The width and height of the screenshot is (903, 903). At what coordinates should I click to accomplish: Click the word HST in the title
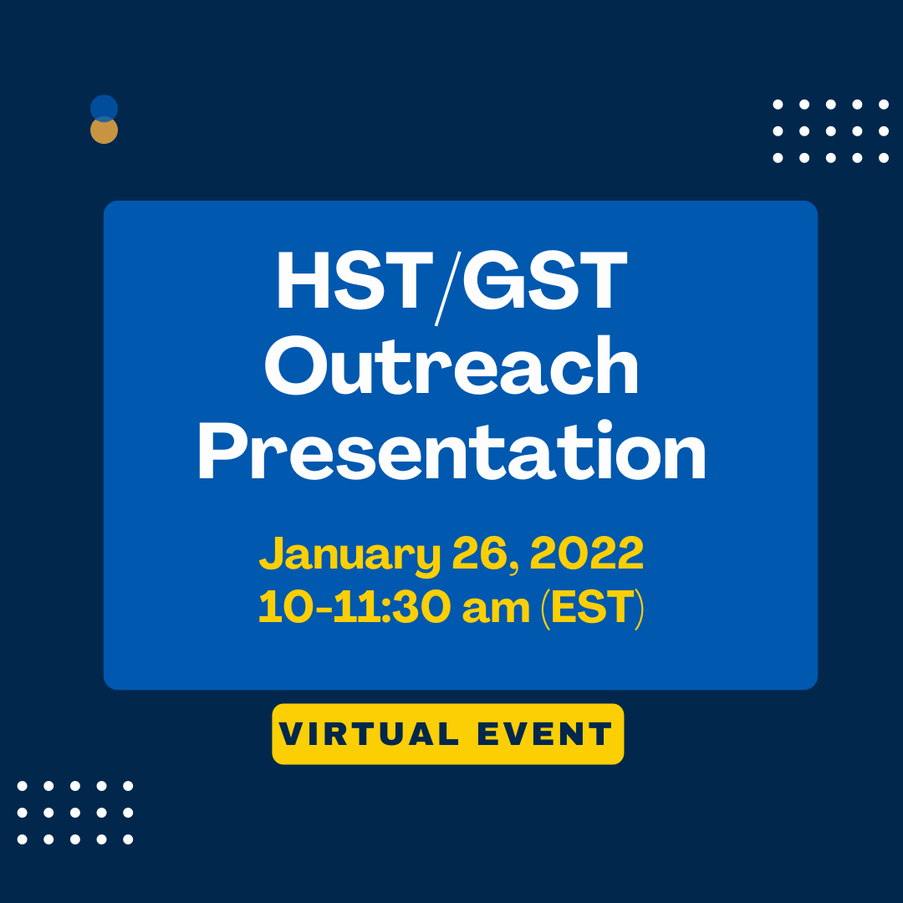(x=350, y=283)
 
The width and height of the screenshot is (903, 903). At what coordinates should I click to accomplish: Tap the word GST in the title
(x=544, y=283)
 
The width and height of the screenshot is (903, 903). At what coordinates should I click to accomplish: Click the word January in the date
(x=349, y=554)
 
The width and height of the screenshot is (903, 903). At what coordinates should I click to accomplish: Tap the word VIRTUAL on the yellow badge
(x=370, y=735)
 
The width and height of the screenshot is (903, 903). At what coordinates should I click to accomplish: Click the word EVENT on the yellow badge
(x=545, y=735)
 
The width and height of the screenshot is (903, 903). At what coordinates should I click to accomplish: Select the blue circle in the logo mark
(x=104, y=107)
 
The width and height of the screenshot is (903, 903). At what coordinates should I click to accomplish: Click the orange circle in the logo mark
(x=104, y=132)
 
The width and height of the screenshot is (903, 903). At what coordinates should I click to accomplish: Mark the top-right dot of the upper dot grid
(x=884, y=105)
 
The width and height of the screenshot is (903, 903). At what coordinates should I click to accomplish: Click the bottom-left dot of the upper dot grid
(x=778, y=157)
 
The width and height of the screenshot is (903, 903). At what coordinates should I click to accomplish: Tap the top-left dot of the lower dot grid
(x=22, y=786)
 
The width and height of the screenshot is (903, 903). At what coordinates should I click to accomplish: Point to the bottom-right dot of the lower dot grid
(x=128, y=839)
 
